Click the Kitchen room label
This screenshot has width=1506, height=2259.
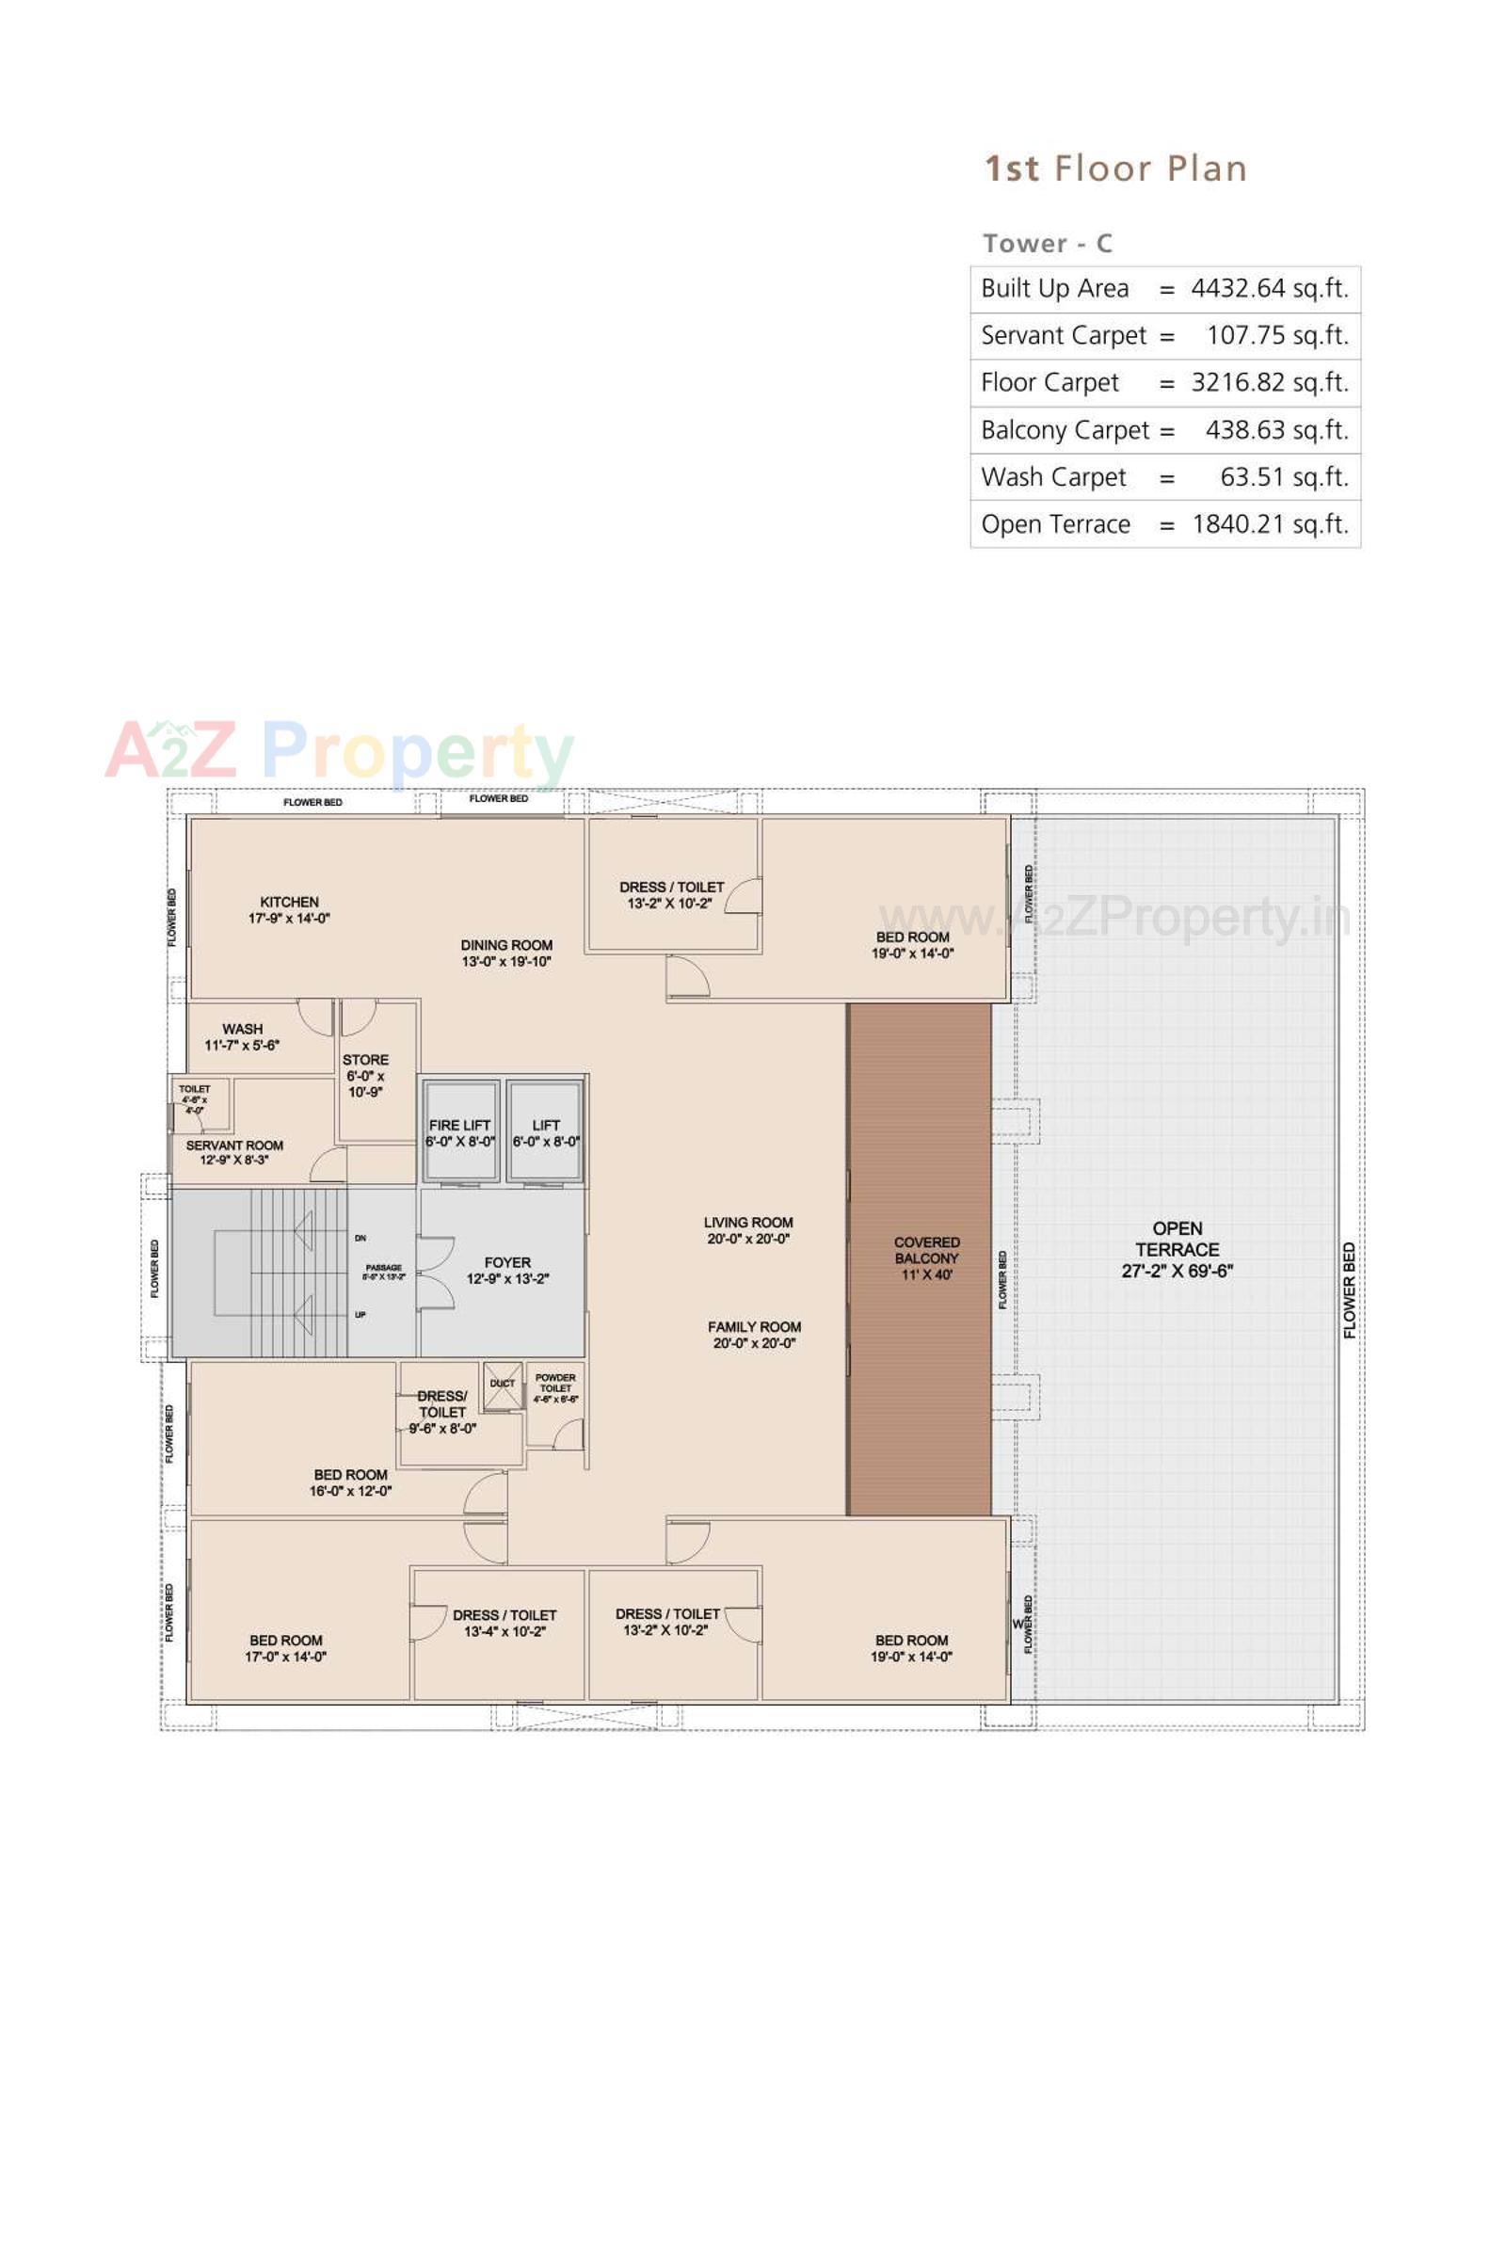tap(289, 909)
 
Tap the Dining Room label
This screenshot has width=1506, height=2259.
tap(506, 953)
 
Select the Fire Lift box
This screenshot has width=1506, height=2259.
tap(460, 1132)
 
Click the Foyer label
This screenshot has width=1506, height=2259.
tap(507, 1270)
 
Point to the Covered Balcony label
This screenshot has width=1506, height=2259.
tap(926, 1258)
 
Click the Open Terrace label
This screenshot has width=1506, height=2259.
tap(1177, 1249)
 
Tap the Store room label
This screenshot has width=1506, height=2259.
tap(365, 1076)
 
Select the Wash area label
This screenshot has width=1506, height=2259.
tap(242, 1036)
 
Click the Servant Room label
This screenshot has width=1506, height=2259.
tap(234, 1152)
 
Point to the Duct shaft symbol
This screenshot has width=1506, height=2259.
tap(503, 1385)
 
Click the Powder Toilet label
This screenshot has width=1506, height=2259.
tap(555, 1387)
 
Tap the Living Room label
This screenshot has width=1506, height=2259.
tap(748, 1230)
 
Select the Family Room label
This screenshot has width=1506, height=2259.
tap(754, 1334)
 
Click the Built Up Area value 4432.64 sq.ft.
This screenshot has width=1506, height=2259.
tap(1269, 288)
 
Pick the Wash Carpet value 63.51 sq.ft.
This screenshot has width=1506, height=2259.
tap(1283, 477)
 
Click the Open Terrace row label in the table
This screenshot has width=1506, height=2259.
tap(1055, 524)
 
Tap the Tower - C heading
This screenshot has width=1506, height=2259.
tap(1047, 244)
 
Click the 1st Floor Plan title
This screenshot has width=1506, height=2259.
tap(1116, 169)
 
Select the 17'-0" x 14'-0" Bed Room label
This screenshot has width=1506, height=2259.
tap(285, 1648)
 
